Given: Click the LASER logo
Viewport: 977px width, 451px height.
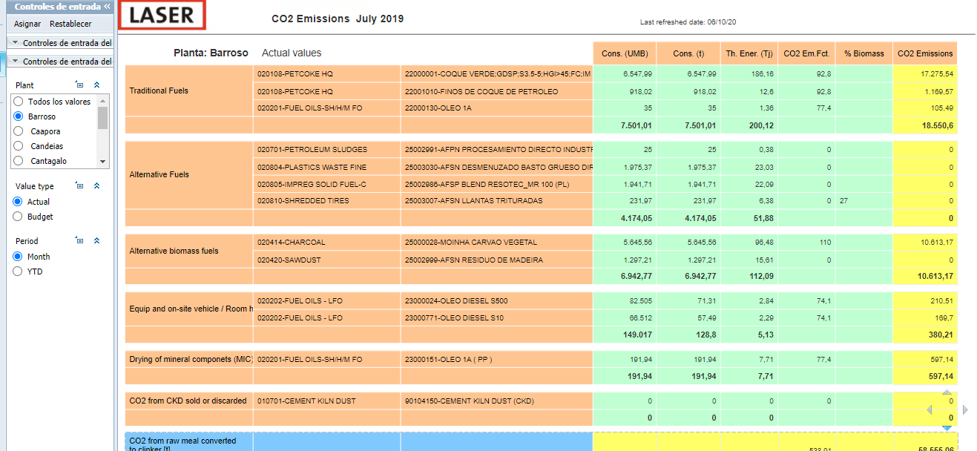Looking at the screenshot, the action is [x=162, y=15].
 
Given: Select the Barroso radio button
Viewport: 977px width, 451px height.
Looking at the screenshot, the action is [x=19, y=116].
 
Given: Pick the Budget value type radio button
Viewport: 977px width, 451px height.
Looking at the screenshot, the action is [x=18, y=217].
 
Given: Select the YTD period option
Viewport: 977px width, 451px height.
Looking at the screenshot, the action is [x=18, y=271].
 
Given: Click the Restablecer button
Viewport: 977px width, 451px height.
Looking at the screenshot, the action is [x=70, y=24].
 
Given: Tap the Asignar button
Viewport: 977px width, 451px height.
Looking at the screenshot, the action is [x=27, y=24].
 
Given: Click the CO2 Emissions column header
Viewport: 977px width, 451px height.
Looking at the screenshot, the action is [x=925, y=53].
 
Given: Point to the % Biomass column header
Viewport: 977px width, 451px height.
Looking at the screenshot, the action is [x=864, y=53].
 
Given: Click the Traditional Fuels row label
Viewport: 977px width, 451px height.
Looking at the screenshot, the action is [x=159, y=90].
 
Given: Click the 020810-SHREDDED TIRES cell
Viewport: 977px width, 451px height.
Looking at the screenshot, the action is [x=303, y=200].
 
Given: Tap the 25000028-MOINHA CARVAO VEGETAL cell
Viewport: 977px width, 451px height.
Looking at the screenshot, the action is [x=470, y=242].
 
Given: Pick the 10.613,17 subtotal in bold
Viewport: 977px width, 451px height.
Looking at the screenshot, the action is [x=935, y=276].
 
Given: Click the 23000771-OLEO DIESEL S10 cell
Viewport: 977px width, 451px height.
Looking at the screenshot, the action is [x=454, y=318].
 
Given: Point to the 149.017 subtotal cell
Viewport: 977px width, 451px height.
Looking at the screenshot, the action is [x=637, y=335].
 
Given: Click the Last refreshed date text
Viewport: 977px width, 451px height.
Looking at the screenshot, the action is [x=688, y=22].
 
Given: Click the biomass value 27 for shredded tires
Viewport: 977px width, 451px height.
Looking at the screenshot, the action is [x=843, y=200].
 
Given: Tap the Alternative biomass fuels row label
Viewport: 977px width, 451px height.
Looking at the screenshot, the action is [x=174, y=251].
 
